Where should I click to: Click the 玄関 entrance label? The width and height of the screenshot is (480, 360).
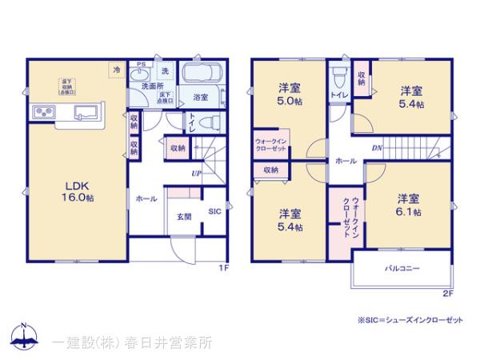(183, 216)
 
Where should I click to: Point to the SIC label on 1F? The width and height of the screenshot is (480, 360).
(214, 212)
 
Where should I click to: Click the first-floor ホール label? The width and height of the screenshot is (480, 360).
(146, 197)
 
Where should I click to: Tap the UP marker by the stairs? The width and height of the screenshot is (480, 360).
(195, 173)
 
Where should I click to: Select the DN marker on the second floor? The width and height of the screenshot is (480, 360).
(376, 148)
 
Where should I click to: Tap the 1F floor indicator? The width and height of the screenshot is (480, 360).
(226, 268)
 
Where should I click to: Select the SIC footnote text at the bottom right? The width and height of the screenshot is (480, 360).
(410, 319)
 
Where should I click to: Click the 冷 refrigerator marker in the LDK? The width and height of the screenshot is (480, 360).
(116, 70)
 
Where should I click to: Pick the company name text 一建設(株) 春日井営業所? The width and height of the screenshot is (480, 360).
(133, 342)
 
